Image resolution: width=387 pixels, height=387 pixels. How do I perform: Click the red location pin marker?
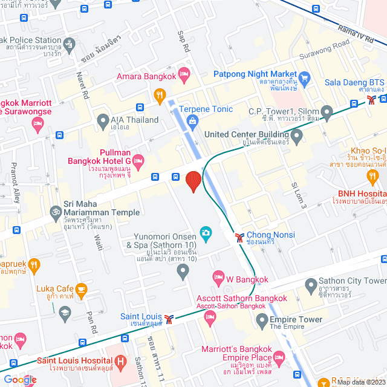(193, 181)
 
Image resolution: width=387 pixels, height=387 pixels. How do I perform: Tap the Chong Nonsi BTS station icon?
(239, 235)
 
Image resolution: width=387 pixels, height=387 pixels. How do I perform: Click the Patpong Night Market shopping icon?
(305, 77)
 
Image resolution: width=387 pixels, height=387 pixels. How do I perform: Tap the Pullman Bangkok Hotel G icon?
(138, 160)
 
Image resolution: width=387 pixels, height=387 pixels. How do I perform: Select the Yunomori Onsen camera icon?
(206, 233)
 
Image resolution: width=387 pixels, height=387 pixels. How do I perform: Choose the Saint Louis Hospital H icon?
(122, 363)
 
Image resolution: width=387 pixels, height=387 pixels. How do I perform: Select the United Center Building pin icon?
(296, 137)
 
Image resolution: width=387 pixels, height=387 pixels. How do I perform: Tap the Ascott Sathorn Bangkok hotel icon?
(210, 317)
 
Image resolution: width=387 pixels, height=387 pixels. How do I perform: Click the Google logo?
(20, 379)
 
